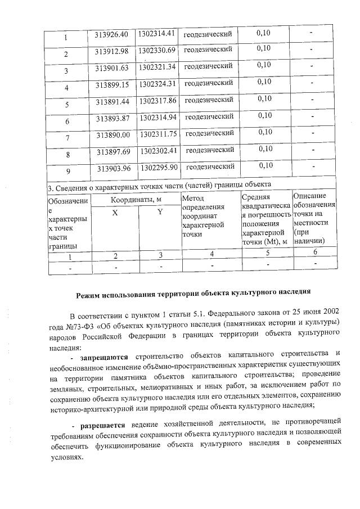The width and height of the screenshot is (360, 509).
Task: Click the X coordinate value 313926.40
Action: pyautogui.click(x=112, y=35)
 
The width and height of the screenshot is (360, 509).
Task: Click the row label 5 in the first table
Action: pyautogui.click(x=67, y=104)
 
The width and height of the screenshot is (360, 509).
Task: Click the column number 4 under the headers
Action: pyautogui.click(x=211, y=254)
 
